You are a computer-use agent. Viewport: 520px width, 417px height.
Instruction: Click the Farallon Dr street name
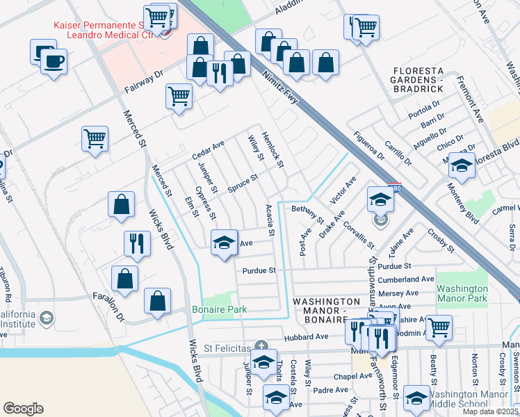click(108, 306)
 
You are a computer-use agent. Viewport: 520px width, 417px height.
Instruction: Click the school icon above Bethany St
click(380, 199)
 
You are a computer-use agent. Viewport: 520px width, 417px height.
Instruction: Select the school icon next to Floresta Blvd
click(462, 165)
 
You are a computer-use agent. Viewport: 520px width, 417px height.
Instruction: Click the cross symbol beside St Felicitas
click(261, 345)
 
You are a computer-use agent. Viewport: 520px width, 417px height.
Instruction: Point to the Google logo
click(23, 409)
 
